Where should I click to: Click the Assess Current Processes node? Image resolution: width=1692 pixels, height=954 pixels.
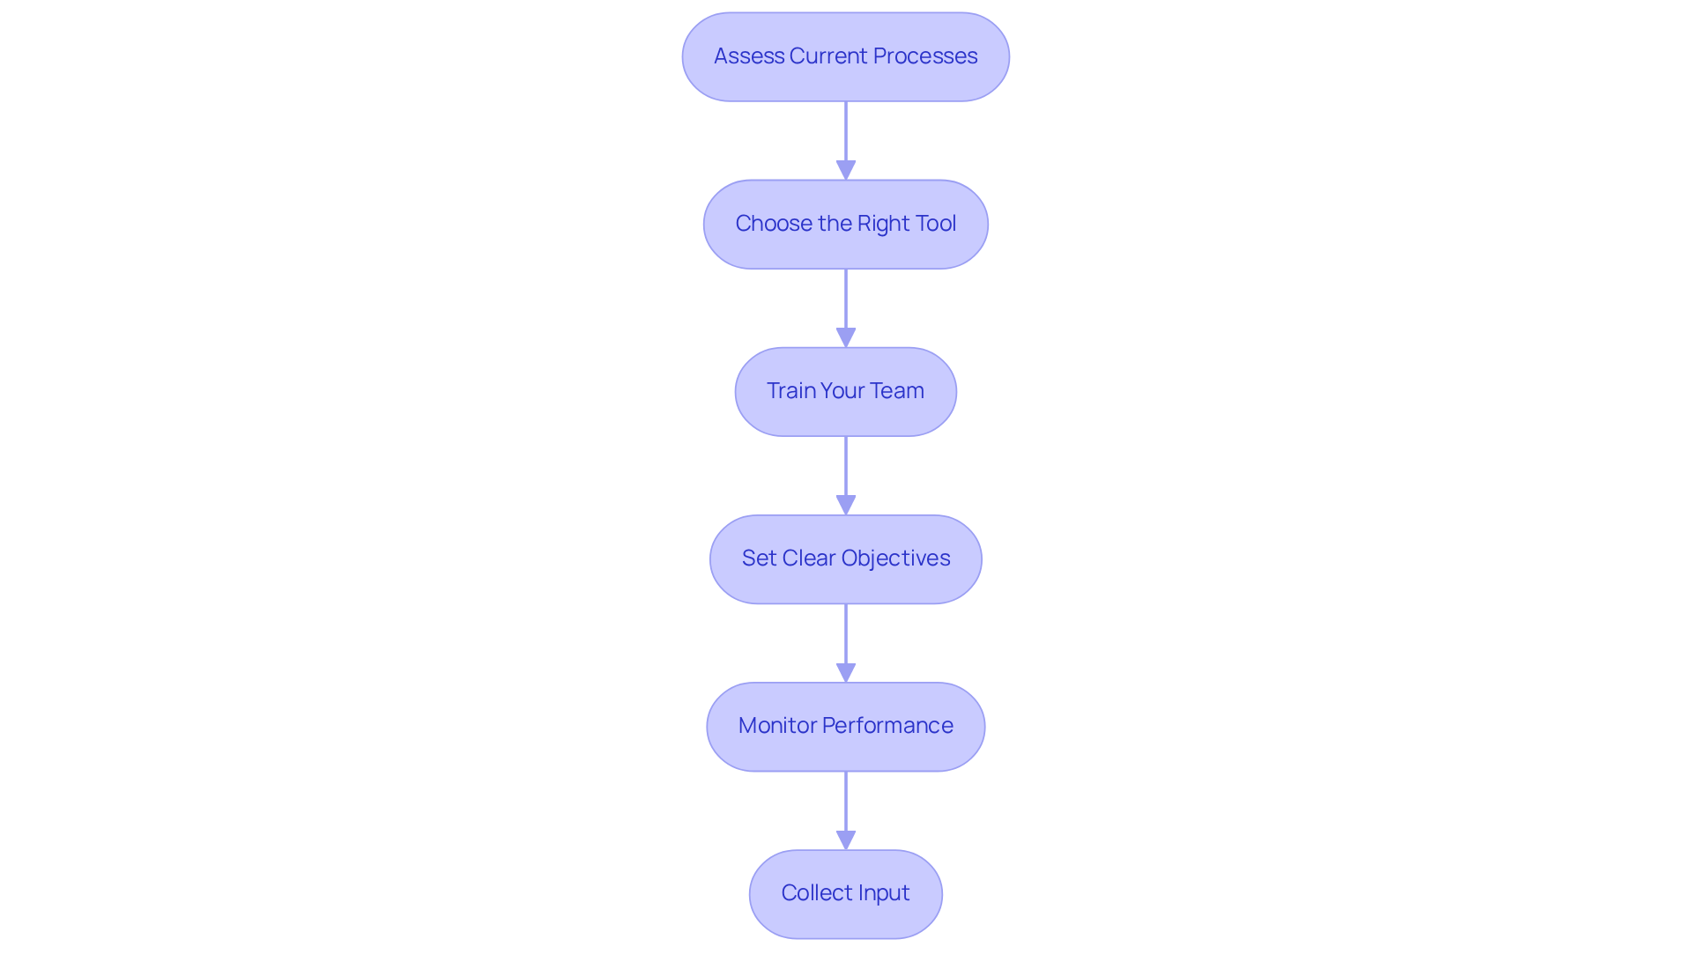(845, 56)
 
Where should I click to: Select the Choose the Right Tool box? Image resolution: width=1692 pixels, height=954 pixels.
(845, 224)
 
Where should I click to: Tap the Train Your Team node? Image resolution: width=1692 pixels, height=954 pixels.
(845, 391)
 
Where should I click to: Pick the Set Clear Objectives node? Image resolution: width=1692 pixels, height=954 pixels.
(845, 558)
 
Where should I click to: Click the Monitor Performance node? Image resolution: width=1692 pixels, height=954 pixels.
(845, 726)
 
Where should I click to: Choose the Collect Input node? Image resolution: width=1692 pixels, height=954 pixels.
(845, 893)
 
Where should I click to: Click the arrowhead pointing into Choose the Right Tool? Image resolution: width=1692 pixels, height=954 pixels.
(846, 170)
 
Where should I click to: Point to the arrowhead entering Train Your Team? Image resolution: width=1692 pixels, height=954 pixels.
(846, 337)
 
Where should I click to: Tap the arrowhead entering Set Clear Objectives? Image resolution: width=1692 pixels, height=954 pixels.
(846, 505)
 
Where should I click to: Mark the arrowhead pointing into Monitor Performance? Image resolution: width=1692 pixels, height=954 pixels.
(846, 672)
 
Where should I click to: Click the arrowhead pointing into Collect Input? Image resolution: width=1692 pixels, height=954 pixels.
(846, 839)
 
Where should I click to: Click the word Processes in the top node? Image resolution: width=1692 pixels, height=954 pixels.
(924, 56)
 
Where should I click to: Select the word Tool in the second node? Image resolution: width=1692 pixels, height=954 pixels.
(935, 224)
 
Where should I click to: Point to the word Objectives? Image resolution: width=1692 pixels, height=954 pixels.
(895, 558)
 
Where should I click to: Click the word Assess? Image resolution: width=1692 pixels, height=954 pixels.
(748, 56)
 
